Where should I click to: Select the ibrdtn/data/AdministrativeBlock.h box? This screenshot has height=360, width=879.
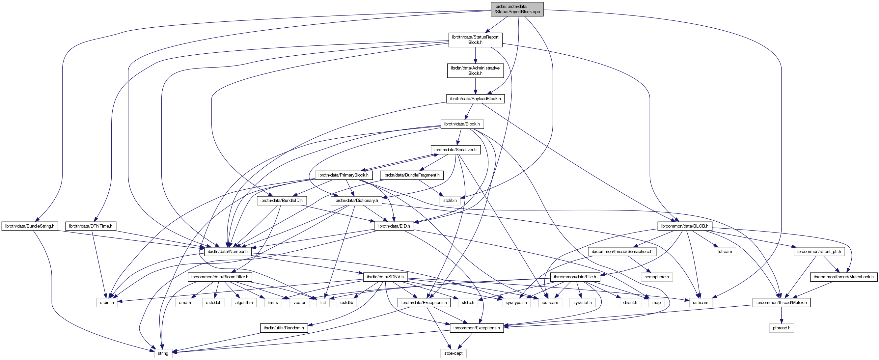[x=475, y=70]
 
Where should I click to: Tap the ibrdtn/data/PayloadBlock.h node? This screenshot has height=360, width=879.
[x=475, y=98]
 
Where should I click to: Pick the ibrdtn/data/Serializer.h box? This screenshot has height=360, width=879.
[x=455, y=150]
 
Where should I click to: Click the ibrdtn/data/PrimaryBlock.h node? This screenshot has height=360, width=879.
[x=343, y=175]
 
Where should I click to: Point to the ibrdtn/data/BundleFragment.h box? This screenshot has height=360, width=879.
[x=412, y=175]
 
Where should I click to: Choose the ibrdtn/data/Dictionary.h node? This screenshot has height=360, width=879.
[x=356, y=200]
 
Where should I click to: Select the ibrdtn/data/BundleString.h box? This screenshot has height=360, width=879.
[x=30, y=226]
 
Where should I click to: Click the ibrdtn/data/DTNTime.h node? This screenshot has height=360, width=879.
[x=91, y=226]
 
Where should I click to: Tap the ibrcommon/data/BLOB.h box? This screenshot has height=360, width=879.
[x=684, y=226]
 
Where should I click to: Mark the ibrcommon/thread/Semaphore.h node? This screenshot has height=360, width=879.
[x=622, y=252]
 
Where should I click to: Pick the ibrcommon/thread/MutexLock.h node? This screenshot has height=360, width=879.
[x=843, y=277]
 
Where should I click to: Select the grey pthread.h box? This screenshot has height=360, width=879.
[x=782, y=328]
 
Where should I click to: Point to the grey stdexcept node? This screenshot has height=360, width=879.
[x=453, y=353]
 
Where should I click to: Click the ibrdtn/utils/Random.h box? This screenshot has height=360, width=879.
[x=284, y=328]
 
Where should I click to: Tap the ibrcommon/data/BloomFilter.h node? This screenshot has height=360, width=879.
[x=219, y=277]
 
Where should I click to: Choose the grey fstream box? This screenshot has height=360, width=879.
[x=725, y=252]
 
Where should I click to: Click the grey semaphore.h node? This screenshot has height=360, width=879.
[x=656, y=277]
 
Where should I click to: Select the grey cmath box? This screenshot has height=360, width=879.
[x=185, y=302]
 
